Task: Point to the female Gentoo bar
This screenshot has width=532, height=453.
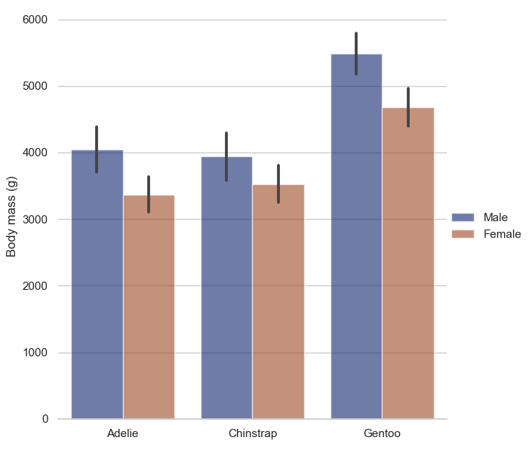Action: pyautogui.click(x=407, y=272)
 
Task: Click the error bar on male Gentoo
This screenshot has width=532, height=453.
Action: pyautogui.click(x=356, y=54)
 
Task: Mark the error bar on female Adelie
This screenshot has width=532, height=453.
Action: pyautogui.click(x=149, y=194)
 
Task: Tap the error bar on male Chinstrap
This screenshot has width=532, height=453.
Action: pyautogui.click(x=226, y=156)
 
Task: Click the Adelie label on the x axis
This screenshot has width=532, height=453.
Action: pyautogui.click(x=123, y=434)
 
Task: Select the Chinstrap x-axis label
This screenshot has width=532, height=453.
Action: pyautogui.click(x=252, y=434)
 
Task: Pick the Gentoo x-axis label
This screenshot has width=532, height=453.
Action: pyautogui.click(x=382, y=434)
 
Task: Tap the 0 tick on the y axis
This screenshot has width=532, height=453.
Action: pyautogui.click(x=45, y=419)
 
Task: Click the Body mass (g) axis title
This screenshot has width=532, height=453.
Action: pyautogui.click(x=12, y=219)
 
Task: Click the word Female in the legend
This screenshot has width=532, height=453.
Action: pyautogui.click(x=502, y=234)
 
